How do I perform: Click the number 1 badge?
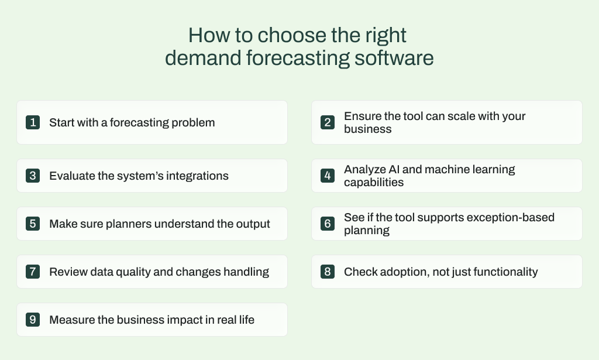coord(33,122)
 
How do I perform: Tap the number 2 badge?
coord(328,122)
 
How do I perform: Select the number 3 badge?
coord(33,176)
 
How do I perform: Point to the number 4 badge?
coord(328,176)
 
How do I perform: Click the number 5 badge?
coord(33,224)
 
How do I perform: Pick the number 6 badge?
coord(328,224)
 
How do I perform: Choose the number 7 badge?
coord(33,272)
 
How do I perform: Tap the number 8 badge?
coord(328,272)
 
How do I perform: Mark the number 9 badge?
coord(33,320)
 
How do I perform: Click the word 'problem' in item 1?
coord(194,122)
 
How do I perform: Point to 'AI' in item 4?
coord(393,170)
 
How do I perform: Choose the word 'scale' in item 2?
coord(466,116)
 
